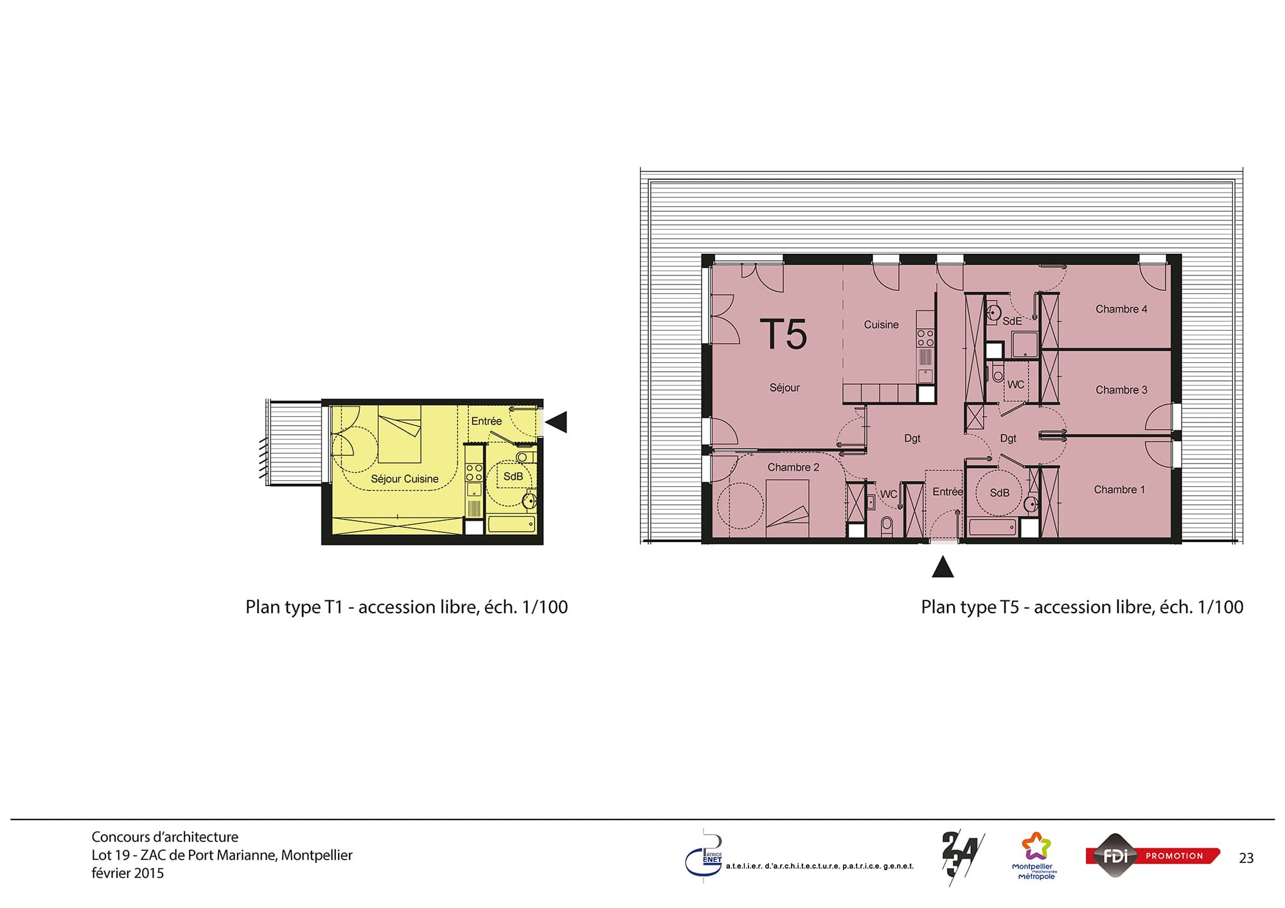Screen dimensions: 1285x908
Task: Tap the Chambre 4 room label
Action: (x=1121, y=309)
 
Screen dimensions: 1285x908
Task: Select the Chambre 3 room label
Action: (x=1121, y=390)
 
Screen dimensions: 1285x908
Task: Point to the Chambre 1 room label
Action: (x=1119, y=489)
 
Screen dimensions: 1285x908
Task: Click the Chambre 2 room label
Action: (x=793, y=467)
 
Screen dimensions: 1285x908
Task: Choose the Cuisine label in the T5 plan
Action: (x=881, y=325)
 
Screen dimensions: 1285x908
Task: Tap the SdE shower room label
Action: (x=1012, y=321)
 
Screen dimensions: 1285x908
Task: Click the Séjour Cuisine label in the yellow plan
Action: (x=404, y=479)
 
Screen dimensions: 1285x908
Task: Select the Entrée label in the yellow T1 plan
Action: (x=486, y=421)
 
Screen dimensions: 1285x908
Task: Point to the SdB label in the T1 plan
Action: (x=513, y=476)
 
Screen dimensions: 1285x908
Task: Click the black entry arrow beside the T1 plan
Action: (x=556, y=422)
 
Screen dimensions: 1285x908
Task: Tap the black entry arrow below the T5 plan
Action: (x=943, y=567)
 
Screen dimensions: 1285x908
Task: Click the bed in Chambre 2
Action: (x=788, y=509)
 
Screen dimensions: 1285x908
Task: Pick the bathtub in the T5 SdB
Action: (x=993, y=528)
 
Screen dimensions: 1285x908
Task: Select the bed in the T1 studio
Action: (x=399, y=433)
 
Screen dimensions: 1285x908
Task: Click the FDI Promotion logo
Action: (x=1153, y=856)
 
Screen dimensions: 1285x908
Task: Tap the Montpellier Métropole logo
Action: (x=1036, y=856)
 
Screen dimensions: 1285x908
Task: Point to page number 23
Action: (x=1246, y=859)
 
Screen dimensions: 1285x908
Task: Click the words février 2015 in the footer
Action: (x=128, y=873)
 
